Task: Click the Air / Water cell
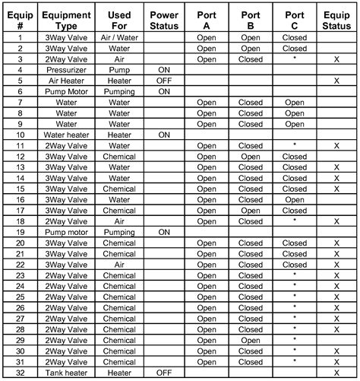pos(119,37)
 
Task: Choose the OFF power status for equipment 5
pos(164,80)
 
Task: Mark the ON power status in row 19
pos(164,232)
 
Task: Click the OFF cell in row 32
pos(164,373)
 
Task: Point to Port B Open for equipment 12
pos(251,156)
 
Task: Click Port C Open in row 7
pos(295,101)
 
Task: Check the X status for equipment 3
pos(336,59)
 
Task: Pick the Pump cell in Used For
pos(119,69)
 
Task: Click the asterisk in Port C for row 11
pos(295,144)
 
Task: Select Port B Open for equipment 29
pos(251,340)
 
